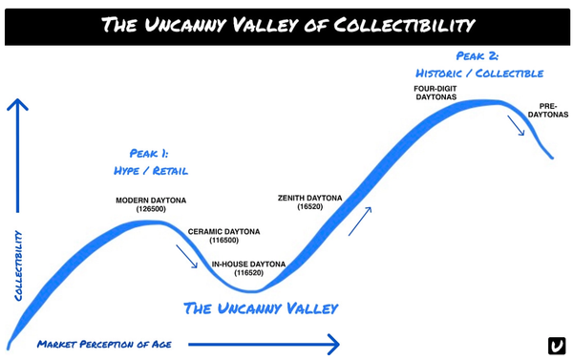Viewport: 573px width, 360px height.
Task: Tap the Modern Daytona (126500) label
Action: pos(151,205)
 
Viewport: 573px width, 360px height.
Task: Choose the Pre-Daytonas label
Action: pos(548,110)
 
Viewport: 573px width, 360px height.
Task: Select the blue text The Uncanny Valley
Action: pos(260,308)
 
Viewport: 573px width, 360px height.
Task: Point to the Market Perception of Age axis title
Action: pos(105,343)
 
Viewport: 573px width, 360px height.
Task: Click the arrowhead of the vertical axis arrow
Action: pos(17,104)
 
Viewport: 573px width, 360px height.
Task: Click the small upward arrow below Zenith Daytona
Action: pos(360,223)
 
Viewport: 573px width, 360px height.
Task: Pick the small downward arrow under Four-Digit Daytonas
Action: pos(518,125)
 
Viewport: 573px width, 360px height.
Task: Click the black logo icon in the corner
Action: pos(557,345)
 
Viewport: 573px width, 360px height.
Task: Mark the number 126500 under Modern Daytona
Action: pos(151,210)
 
